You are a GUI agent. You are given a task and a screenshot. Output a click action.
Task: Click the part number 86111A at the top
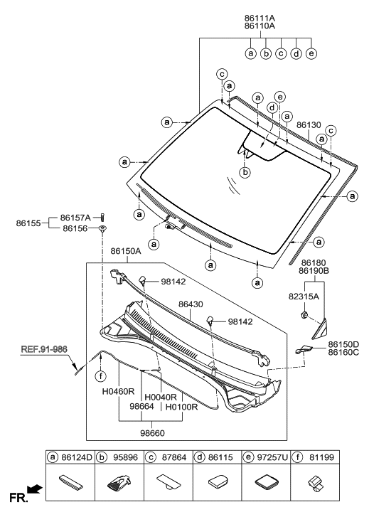click(x=280, y=14)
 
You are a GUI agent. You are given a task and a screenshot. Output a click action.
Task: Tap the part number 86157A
click(x=76, y=218)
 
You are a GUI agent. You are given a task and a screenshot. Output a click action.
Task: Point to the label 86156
click(x=76, y=228)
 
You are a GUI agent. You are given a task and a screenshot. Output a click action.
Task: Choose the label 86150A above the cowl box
click(x=126, y=251)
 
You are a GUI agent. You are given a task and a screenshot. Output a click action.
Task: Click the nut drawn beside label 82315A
click(x=304, y=314)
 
